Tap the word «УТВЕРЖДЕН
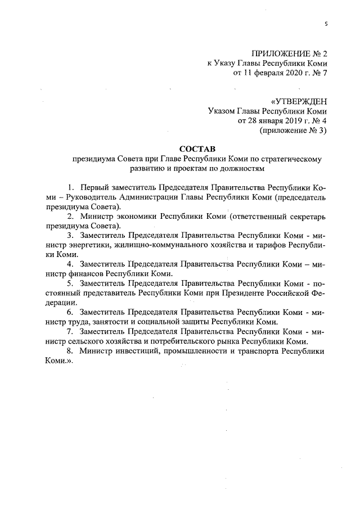pos(299,102)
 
